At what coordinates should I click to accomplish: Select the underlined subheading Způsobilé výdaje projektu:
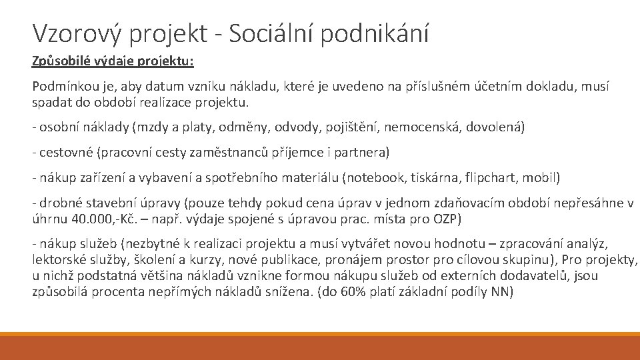113,61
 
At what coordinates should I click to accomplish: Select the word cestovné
66,153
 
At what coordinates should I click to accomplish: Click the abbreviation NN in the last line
499,291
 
